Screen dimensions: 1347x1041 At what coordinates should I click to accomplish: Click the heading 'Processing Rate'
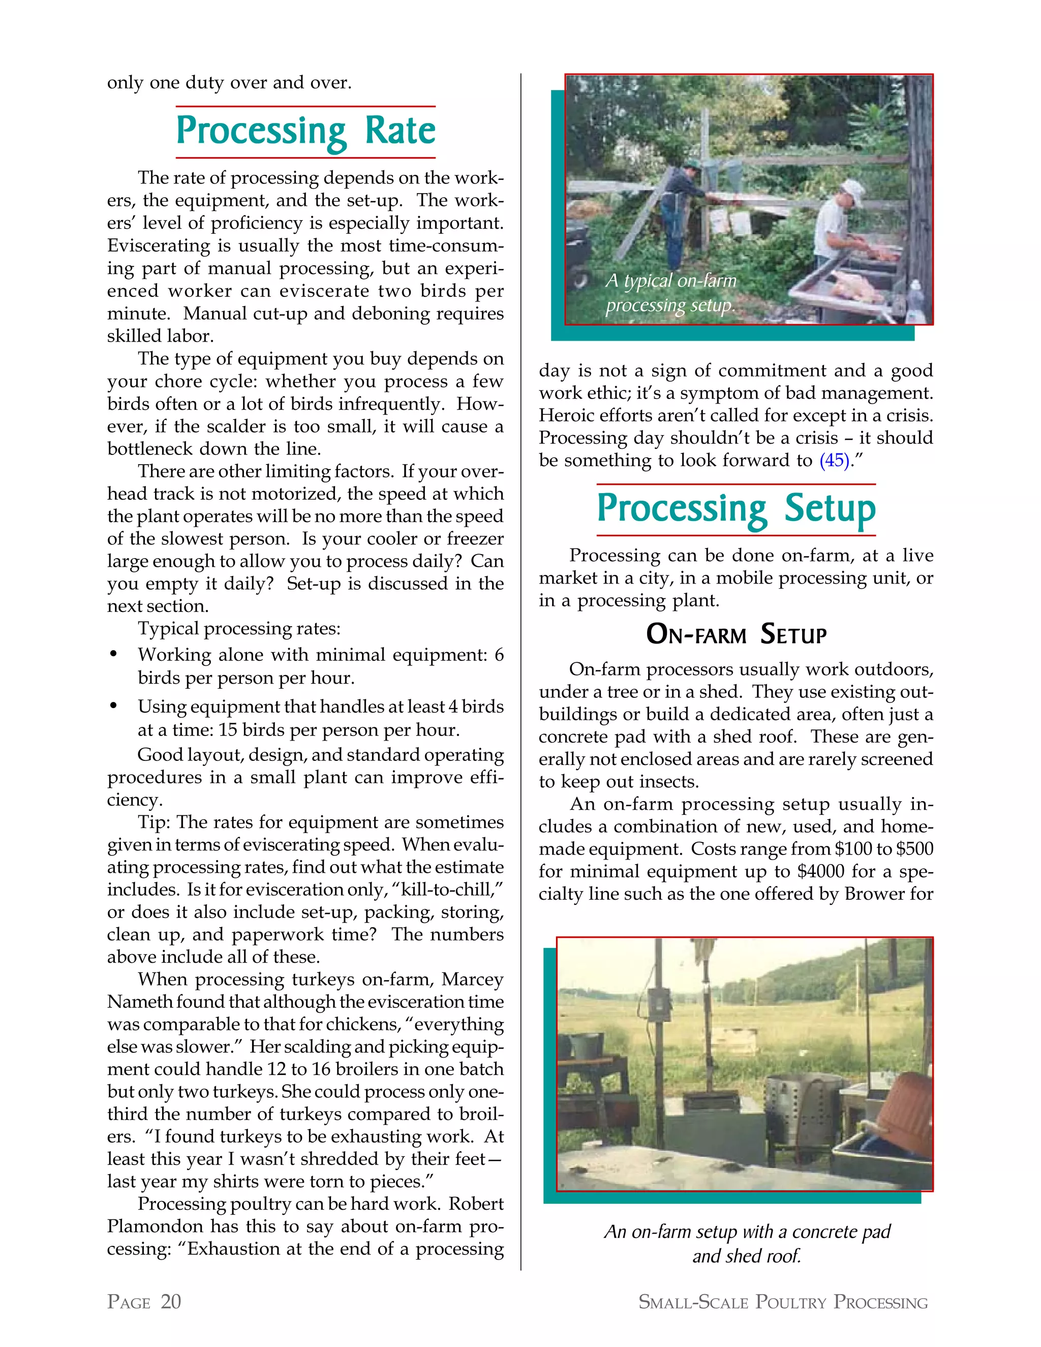pos(306,131)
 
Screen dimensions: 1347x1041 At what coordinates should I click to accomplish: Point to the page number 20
pos(171,1301)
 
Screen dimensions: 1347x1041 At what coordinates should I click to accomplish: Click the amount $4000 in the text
pos(817,871)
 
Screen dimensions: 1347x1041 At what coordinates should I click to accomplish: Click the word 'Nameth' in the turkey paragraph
pos(136,1002)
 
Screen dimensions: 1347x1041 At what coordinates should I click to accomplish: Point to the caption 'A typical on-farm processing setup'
pos(670,293)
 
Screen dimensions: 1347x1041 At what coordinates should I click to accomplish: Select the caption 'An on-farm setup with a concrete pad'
pos(747,1232)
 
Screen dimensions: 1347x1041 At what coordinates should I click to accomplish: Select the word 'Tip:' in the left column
pos(156,822)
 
